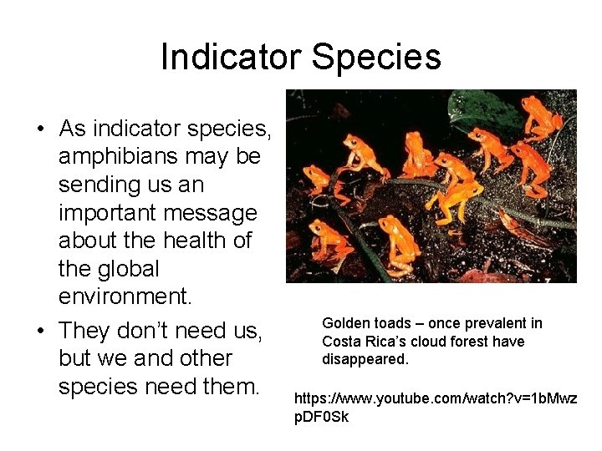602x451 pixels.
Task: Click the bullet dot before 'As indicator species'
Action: [x=40, y=129]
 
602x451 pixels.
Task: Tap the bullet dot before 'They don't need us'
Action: [x=40, y=331]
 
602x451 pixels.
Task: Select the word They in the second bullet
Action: [x=87, y=331]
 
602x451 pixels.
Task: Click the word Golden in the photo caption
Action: [x=344, y=323]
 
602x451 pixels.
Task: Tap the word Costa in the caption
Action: [x=341, y=341]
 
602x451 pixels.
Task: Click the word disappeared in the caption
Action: [x=365, y=359]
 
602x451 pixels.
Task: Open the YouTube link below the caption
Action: [x=435, y=398]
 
